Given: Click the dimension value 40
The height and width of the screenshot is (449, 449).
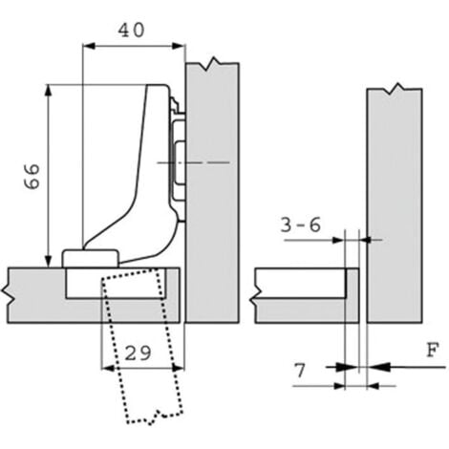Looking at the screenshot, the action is (131, 31).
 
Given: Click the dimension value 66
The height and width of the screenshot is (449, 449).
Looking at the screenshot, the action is (32, 177).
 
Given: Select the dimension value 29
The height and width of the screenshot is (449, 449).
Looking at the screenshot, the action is (138, 353).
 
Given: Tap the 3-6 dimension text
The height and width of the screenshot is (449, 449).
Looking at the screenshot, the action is (301, 225).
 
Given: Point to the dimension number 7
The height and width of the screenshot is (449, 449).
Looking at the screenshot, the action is (300, 370).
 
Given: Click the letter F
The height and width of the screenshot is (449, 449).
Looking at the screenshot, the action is (433, 350).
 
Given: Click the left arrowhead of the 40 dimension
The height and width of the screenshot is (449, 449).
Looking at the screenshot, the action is (89, 46).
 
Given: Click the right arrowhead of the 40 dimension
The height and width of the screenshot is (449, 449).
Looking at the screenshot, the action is (179, 46).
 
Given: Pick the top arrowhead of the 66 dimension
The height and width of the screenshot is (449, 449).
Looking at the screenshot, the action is (49, 91).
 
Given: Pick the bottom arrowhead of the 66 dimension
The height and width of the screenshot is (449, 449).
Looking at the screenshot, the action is (49, 261).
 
